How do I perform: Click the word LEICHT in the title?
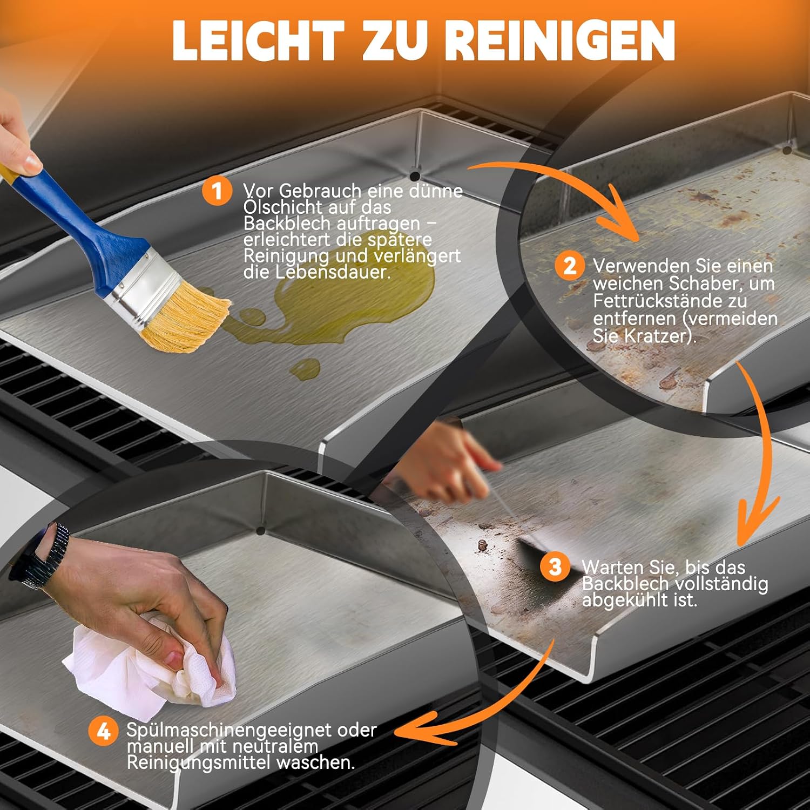tap(258, 40)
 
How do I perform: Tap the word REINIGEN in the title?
tap(562, 40)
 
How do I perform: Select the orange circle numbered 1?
tap(217, 191)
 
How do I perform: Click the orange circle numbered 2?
tap(570, 266)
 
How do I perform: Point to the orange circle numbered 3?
tap(555, 566)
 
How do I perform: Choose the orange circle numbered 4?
tap(104, 731)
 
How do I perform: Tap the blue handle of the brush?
tap(81, 227)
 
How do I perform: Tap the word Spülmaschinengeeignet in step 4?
tap(229, 730)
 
